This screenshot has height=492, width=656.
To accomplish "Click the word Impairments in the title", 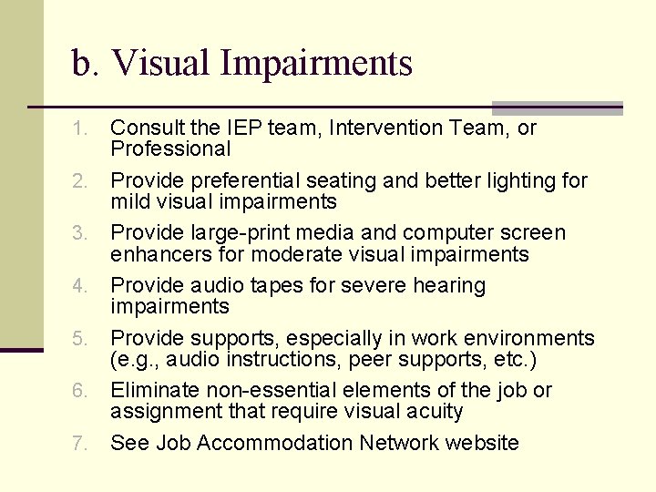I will coord(316,64).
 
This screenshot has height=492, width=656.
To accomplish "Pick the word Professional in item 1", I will coord(170,149).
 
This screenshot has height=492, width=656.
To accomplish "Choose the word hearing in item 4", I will coord(446,286).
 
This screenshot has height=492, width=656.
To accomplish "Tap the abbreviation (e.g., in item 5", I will coord(134,358).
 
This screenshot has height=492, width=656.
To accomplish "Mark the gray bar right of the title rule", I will coord(557,108).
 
